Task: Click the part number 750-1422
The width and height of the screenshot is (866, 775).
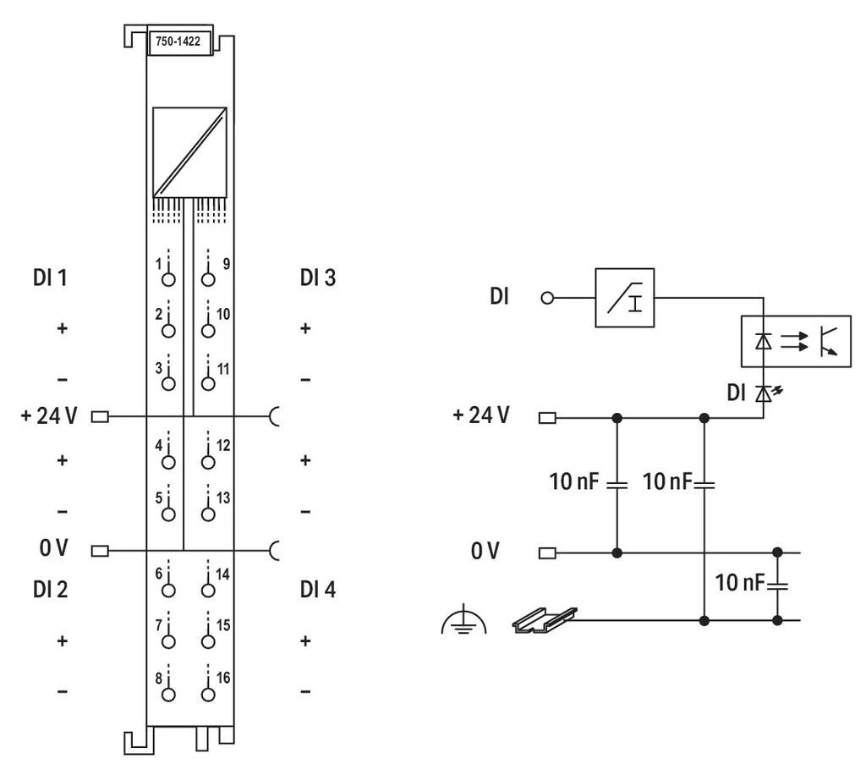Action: [x=178, y=41]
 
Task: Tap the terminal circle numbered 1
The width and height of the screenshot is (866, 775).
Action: [x=168, y=279]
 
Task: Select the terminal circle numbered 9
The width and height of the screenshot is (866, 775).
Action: [x=208, y=279]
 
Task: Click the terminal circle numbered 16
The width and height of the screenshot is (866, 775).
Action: [x=208, y=695]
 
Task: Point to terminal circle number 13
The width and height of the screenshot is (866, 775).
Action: [x=208, y=514]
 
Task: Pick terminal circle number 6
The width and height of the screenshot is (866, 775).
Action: [x=168, y=591]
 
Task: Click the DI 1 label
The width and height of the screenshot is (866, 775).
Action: [x=50, y=278]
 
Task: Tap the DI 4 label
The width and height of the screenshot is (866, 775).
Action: [x=318, y=590]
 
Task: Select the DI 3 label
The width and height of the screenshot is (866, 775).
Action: [x=318, y=278]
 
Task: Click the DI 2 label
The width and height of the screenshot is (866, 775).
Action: [x=50, y=590]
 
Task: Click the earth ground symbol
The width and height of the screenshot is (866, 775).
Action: [x=464, y=620]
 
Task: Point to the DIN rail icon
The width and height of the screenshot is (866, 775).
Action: [x=545, y=620]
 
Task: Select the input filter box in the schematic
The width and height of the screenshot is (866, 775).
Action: [x=625, y=298]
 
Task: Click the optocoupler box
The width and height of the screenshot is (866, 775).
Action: [x=796, y=341]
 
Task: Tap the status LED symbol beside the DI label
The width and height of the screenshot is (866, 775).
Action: [x=767, y=393]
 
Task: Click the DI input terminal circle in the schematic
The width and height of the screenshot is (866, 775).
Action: [x=547, y=299]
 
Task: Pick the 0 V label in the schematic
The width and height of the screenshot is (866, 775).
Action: [x=485, y=551]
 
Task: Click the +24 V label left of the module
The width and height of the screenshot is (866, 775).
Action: [x=49, y=415]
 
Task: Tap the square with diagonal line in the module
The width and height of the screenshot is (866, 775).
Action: [x=189, y=152]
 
